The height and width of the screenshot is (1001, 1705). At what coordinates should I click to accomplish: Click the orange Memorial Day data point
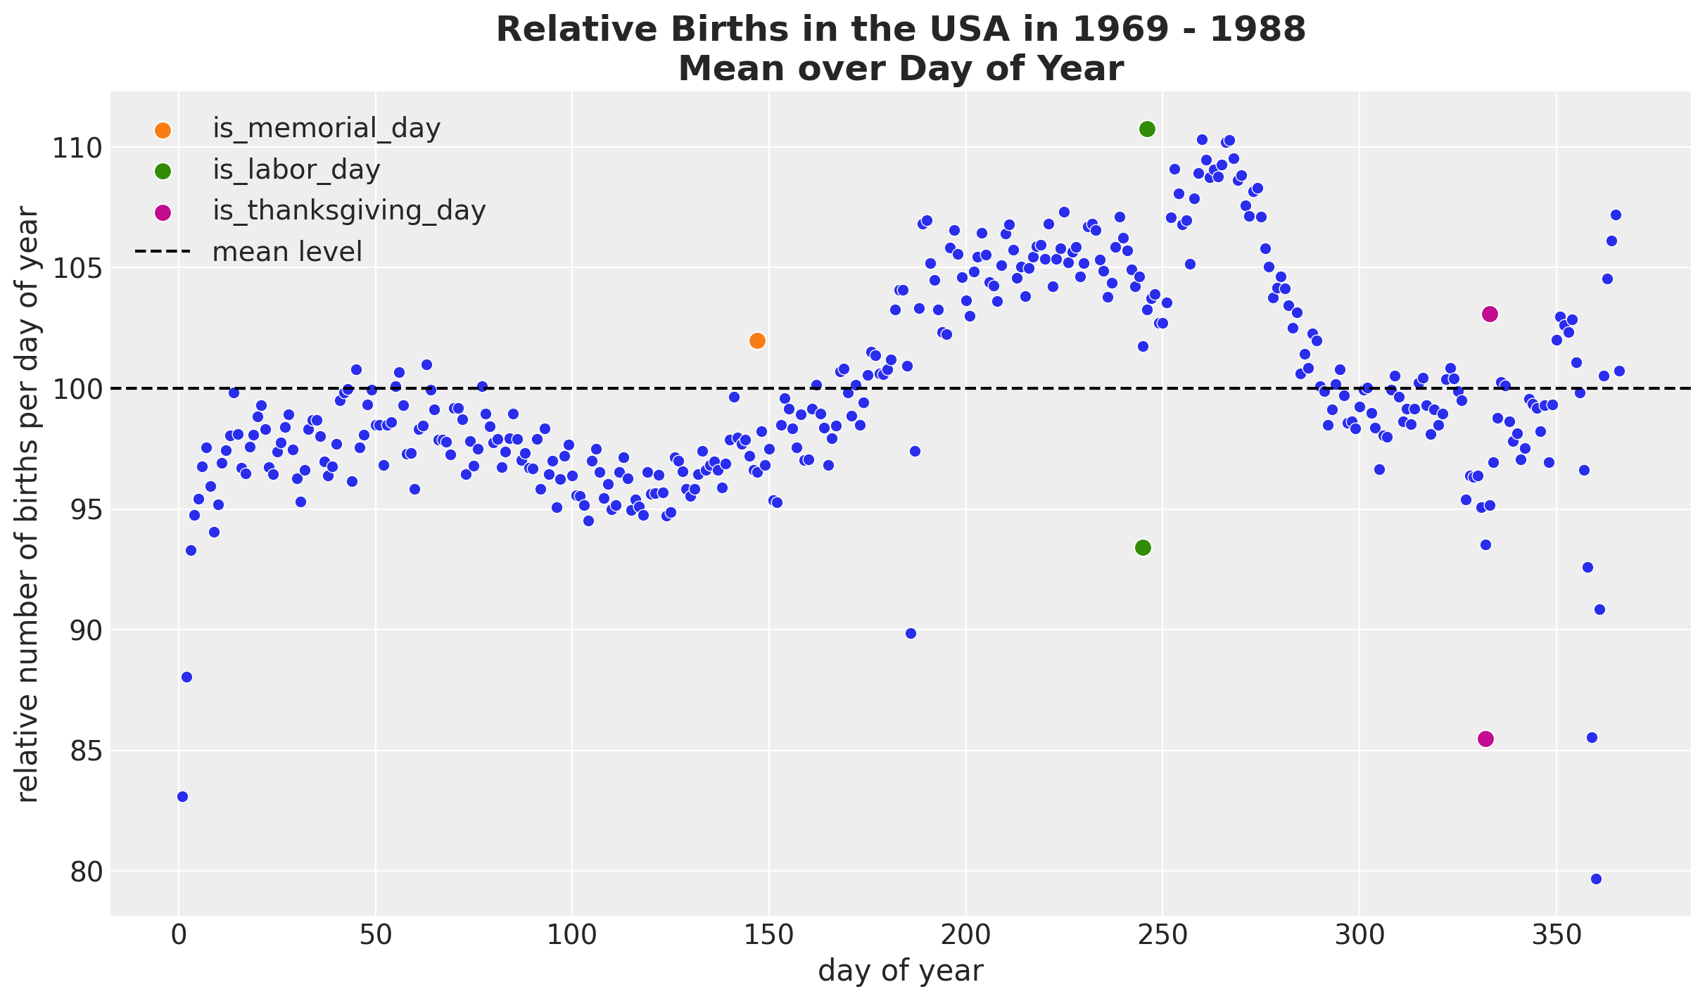pos(757,340)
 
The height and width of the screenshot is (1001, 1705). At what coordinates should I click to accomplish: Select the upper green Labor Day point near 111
pos(1147,129)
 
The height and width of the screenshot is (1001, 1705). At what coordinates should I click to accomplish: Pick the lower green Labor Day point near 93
pos(1143,547)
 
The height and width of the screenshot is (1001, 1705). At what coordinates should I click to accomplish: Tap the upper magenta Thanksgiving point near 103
pos(1490,314)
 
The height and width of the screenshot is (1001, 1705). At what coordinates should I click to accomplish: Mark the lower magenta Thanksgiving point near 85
pos(1485,739)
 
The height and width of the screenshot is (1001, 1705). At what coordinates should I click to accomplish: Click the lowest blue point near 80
pos(1596,879)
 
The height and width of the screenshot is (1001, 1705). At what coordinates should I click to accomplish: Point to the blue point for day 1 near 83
pos(182,796)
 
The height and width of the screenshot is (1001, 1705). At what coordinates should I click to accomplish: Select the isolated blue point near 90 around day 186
pos(911,633)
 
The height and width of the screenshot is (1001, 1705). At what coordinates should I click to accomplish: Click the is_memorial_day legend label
pos(327,129)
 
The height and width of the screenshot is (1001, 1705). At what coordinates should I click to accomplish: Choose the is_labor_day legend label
pos(296,170)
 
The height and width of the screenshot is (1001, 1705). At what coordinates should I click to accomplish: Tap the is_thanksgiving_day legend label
pos(349,210)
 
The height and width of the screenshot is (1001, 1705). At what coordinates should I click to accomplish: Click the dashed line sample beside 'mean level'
pos(163,252)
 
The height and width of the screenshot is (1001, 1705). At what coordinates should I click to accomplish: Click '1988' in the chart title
pos(1256,30)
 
